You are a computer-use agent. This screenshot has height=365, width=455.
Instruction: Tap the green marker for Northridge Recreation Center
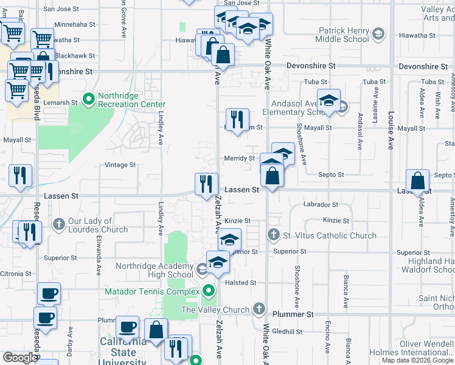click(x=89, y=98)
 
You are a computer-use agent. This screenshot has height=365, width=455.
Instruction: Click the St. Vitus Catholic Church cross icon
click(x=274, y=235)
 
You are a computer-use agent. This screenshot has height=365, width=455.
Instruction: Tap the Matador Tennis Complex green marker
click(x=209, y=291)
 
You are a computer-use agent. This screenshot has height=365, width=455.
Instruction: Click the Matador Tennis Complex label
click(x=151, y=291)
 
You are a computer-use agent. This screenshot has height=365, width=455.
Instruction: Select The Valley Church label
click(x=215, y=310)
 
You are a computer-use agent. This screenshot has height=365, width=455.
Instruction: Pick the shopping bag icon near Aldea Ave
click(x=418, y=181)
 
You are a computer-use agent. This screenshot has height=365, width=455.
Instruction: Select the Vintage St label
click(x=120, y=165)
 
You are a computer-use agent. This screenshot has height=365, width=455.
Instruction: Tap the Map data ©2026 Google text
click(x=417, y=360)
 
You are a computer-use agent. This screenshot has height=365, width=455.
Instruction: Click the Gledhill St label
click(x=288, y=332)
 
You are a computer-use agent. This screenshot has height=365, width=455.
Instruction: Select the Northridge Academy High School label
click(x=155, y=270)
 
